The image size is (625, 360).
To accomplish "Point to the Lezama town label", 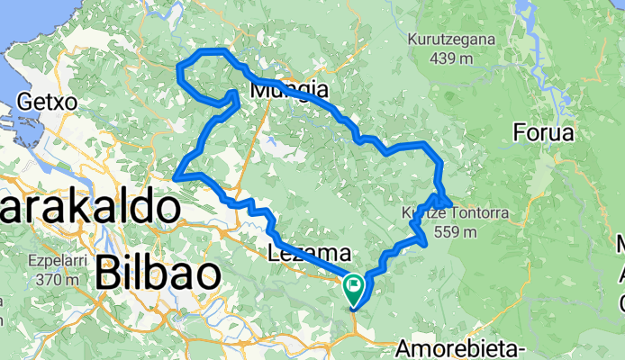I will (x=303, y=254).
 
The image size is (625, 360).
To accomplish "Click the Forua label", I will (x=543, y=133).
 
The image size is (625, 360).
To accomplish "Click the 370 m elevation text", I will (x=52, y=280).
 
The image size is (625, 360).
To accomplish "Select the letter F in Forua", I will (x=519, y=133).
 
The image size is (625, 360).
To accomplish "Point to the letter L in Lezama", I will (x=274, y=254).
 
